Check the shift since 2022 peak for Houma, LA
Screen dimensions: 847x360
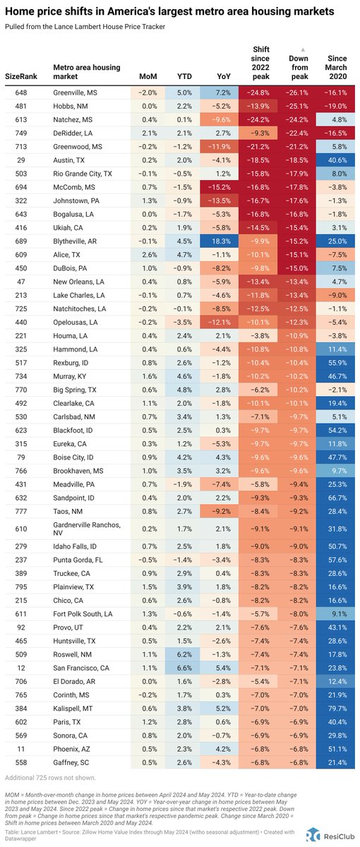(x=258, y=335)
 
